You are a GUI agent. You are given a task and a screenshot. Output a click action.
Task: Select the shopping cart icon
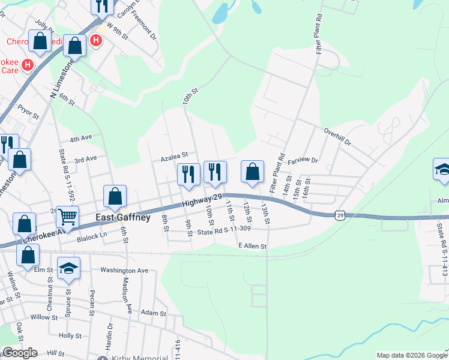click(x=67, y=218)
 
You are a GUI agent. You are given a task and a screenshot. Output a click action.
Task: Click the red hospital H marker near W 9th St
click(x=95, y=40)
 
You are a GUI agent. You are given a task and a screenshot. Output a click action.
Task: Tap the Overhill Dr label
click(x=336, y=132)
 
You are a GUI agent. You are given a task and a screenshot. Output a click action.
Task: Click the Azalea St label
click(x=174, y=160)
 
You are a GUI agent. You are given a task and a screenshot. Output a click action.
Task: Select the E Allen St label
click(x=252, y=246)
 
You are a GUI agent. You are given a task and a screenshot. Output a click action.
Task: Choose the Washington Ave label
click(x=124, y=270)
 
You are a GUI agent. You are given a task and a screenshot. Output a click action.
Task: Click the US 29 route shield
click(x=340, y=215)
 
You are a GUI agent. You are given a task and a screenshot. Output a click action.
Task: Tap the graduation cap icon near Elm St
click(x=69, y=268)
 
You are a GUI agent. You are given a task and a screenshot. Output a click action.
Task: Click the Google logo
click(x=20, y=353)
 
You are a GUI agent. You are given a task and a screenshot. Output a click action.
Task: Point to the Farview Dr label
click(x=302, y=161)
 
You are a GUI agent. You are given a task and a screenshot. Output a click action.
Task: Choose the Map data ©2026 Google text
click(x=411, y=355)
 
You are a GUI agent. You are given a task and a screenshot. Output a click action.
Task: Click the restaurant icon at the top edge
click(x=103, y=6)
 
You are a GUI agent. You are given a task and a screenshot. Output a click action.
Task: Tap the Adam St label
click(x=154, y=313)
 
